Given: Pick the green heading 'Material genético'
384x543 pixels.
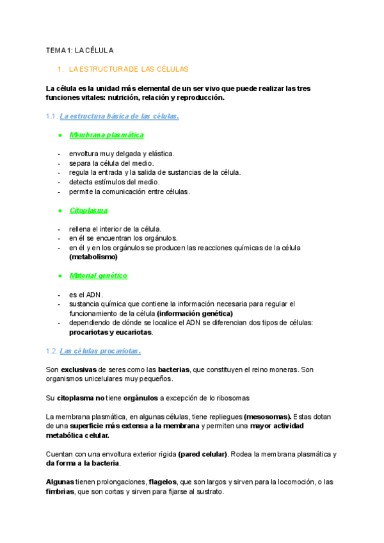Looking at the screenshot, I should (x=99, y=275).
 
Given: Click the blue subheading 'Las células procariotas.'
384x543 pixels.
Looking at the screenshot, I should (x=100, y=351).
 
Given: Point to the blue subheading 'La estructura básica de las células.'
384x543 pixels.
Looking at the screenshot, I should (x=119, y=117).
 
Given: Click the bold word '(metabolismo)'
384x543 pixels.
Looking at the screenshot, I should (x=93, y=256).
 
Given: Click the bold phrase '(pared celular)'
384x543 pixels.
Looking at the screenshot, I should (x=203, y=454).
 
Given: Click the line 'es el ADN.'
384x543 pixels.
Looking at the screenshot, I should (x=86, y=294).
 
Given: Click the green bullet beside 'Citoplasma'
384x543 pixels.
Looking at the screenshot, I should (x=60, y=210).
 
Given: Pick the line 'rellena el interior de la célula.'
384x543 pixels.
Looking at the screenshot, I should (x=115, y=229).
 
